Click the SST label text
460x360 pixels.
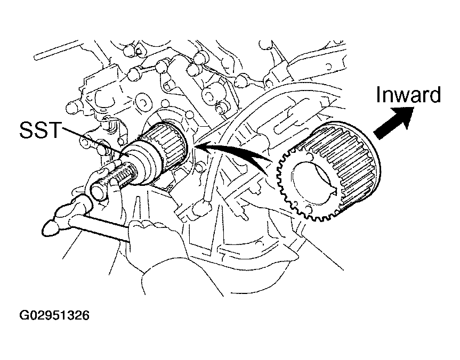click(x=40, y=130)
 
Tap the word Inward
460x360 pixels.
click(x=408, y=94)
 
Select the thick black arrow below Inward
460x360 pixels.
click(x=393, y=122)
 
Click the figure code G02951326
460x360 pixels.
click(x=54, y=315)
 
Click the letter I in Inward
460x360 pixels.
click(x=378, y=94)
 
